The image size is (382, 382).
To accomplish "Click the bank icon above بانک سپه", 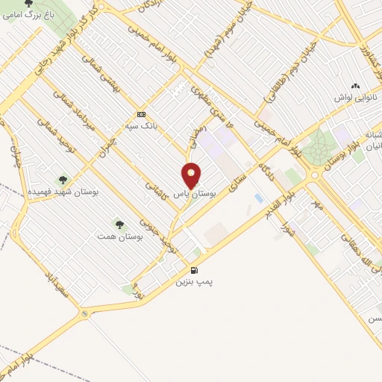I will point(140,114).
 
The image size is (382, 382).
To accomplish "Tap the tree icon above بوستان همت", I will point(118,223).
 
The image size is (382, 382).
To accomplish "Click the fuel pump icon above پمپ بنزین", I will point(195,270).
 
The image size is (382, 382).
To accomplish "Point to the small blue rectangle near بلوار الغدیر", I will point(258,198).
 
